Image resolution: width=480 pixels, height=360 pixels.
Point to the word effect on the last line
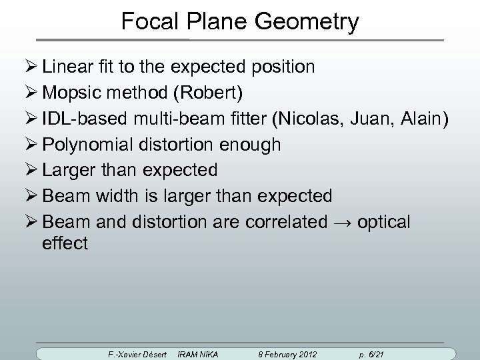65,243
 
